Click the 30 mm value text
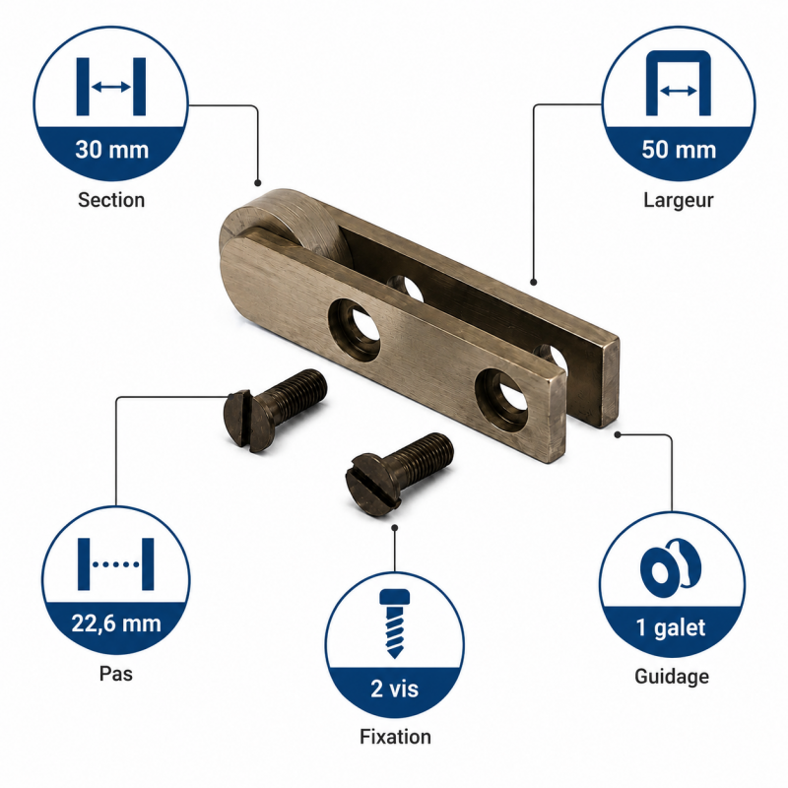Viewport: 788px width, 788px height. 112,150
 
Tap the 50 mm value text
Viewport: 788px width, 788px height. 679,150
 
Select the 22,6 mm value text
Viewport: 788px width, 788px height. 116,624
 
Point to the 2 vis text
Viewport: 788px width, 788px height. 395,689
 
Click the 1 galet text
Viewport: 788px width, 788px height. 671,627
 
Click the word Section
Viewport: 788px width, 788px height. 111,200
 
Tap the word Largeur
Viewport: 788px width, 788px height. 679,200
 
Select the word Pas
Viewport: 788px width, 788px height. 116,674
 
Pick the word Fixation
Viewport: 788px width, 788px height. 396,737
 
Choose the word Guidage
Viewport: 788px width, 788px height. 672,677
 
